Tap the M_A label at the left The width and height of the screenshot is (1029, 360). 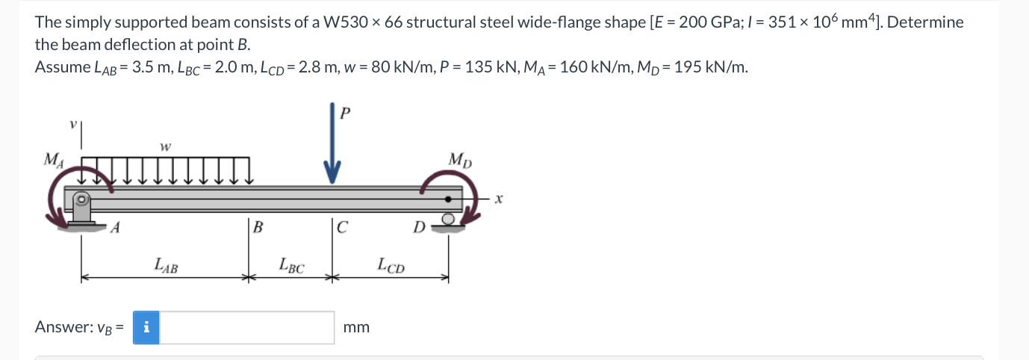point(53,159)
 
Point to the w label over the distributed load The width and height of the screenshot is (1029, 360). point(163,146)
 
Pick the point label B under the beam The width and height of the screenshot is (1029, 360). point(258,228)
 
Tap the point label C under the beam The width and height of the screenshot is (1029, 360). point(342,228)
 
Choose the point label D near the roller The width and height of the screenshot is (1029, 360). point(420,226)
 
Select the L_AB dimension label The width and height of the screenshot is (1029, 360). point(166,264)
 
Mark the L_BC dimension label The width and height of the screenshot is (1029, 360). point(291,264)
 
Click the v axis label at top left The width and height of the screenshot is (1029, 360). point(72,128)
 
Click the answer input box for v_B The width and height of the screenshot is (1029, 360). point(247,327)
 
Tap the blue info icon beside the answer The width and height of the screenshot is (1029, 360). point(146,327)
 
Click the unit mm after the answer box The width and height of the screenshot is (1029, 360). point(356,327)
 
